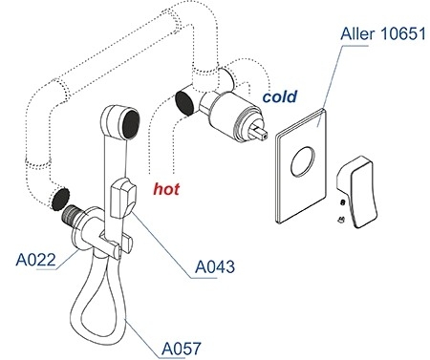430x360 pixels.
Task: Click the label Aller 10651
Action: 383,34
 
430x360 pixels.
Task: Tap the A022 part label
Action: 35,260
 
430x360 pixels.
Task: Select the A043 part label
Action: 215,266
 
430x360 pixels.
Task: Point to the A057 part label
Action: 182,349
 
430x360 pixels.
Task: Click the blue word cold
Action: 280,96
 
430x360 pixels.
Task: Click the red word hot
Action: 166,189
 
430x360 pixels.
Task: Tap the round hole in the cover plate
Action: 303,163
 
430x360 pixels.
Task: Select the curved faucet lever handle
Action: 357,192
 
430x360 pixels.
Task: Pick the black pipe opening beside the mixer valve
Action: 184,102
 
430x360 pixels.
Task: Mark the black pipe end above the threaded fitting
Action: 60,199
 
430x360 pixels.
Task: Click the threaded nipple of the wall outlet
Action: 71,215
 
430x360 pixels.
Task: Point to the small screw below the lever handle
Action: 341,220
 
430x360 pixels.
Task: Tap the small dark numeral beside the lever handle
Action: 343,202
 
